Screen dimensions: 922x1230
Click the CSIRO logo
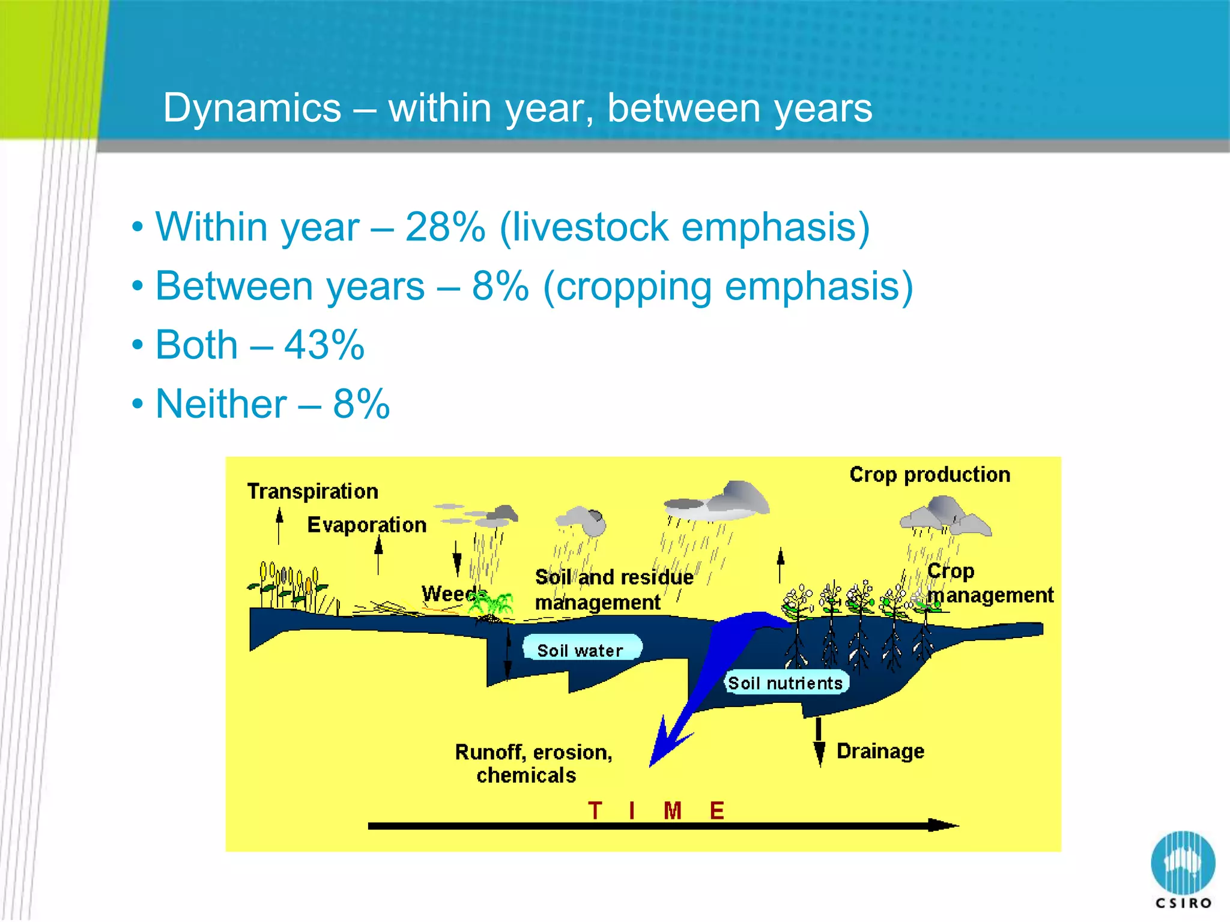(1183, 868)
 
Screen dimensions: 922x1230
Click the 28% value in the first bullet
(445, 227)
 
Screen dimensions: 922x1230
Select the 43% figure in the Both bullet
(324, 345)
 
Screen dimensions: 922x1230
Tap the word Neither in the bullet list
(221, 404)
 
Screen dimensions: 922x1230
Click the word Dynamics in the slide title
(252, 108)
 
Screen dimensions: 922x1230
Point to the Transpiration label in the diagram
(312, 492)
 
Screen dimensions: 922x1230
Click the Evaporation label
(366, 525)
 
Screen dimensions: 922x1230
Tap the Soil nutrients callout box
(786, 683)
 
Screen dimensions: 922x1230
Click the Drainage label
(880, 751)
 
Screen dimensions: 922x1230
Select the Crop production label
(930, 475)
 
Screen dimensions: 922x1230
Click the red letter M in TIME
(672, 811)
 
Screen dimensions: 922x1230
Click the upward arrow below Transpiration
(279, 525)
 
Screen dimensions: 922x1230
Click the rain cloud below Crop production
(945, 516)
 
